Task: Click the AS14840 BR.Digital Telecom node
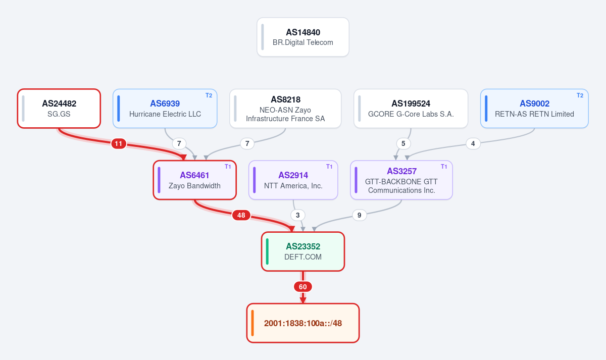point(302,37)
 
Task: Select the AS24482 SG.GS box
point(59,109)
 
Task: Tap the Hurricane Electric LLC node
point(165,109)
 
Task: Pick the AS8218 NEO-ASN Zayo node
point(285,109)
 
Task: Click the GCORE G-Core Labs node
point(411,109)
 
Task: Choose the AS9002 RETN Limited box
point(534,109)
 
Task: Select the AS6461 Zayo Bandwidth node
point(195,180)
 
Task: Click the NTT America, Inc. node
point(293,180)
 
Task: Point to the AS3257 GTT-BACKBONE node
point(401,180)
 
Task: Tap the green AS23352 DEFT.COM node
point(303,251)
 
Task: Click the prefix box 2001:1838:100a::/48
point(303,323)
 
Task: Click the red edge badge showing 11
point(119,143)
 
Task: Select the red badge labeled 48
point(241,215)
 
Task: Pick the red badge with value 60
point(302,287)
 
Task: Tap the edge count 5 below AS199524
point(403,143)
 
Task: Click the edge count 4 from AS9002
point(473,143)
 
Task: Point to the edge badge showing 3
point(298,215)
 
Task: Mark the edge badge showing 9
point(359,215)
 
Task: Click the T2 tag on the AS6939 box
point(209,95)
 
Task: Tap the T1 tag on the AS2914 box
point(329,167)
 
